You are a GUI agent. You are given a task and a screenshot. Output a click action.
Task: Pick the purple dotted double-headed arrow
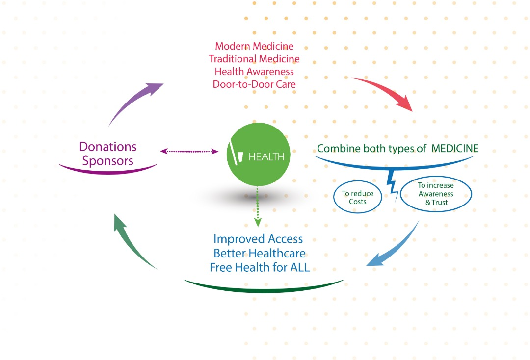tap(189, 152)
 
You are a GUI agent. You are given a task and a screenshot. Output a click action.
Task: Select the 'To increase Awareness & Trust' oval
tap(436, 194)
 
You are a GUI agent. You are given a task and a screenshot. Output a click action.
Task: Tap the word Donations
tap(108, 146)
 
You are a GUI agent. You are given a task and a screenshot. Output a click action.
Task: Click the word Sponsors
tap(108, 161)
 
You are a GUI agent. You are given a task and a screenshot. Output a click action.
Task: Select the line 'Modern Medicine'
tap(254, 46)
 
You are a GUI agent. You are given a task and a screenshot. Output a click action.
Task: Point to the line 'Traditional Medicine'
tap(254, 59)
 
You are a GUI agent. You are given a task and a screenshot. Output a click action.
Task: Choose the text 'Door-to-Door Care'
tap(254, 84)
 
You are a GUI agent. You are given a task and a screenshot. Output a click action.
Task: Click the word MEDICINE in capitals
tap(455, 149)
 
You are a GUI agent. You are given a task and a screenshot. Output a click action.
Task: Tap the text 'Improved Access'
tap(258, 239)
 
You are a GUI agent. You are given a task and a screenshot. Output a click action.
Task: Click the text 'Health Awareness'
tap(254, 72)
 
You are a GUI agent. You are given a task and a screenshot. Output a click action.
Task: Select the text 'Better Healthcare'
tap(260, 254)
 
